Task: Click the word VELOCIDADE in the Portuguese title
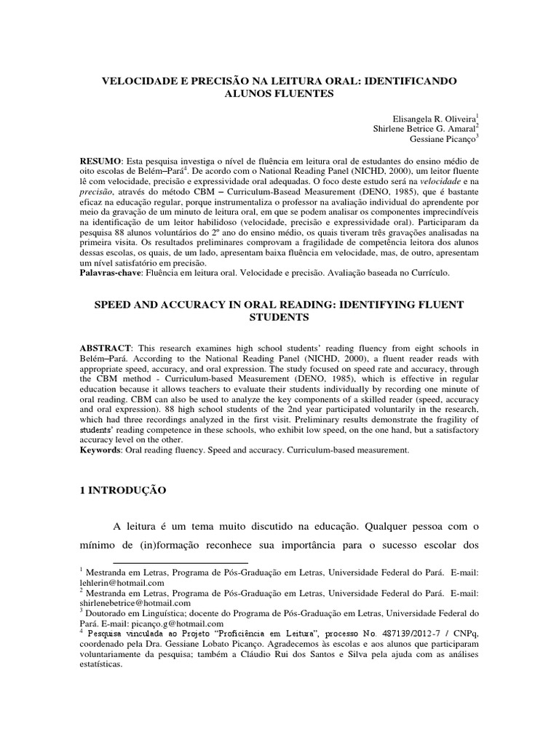[x=140, y=80]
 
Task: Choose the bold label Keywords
[x=100, y=450]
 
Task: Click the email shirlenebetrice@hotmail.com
[x=135, y=603]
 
